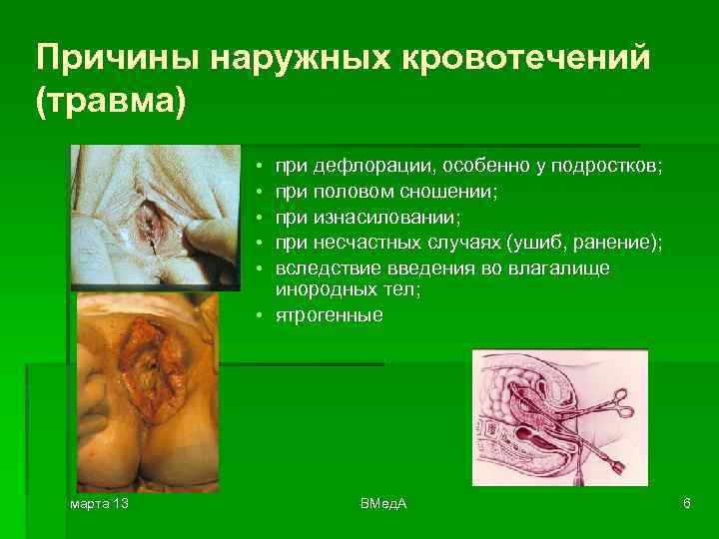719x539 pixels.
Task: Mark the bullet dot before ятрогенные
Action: click(x=258, y=315)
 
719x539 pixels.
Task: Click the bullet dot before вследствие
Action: click(x=258, y=267)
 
